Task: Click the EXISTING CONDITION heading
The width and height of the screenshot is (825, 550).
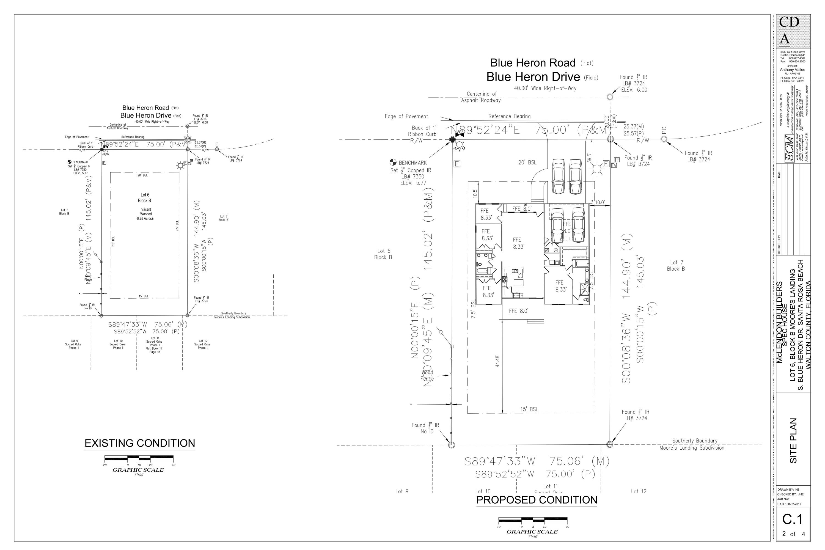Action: [x=140, y=443]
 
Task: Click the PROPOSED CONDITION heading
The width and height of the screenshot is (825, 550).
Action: [x=537, y=500]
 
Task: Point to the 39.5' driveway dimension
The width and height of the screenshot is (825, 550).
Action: [x=590, y=157]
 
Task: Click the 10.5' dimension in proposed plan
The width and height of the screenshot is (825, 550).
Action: [x=475, y=193]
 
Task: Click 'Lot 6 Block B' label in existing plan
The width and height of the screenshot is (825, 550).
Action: [x=145, y=197]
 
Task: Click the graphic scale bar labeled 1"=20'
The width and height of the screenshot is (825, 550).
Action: [x=139, y=458]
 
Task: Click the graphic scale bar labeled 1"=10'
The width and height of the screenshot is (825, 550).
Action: [x=532, y=519]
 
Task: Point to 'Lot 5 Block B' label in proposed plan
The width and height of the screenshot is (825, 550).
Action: [x=383, y=254]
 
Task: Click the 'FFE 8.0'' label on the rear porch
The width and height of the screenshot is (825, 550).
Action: [x=518, y=311]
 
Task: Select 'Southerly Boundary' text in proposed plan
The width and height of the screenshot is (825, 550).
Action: [x=695, y=441]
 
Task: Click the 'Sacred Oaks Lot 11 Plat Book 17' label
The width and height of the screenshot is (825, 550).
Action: [x=154, y=345]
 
